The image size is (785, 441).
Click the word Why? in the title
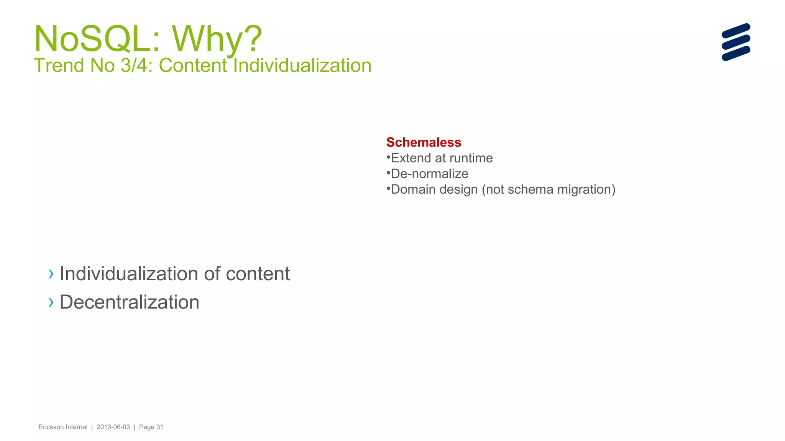pyautogui.click(x=217, y=39)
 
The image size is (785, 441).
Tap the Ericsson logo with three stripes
pyautogui.click(x=736, y=42)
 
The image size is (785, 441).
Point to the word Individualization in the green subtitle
pyautogui.click(x=302, y=65)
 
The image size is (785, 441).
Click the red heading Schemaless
pyautogui.click(x=424, y=142)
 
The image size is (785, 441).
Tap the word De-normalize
pyautogui.click(x=429, y=174)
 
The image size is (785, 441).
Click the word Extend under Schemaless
pyautogui.click(x=411, y=158)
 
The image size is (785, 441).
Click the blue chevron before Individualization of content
pyautogui.click(x=51, y=274)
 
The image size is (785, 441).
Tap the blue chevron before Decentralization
pyautogui.click(x=51, y=303)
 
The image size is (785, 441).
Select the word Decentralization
pyautogui.click(x=130, y=302)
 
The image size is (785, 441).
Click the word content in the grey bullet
pyautogui.click(x=258, y=274)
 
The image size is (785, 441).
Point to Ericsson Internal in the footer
pyautogui.click(x=63, y=427)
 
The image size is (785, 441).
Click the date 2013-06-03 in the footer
pyautogui.click(x=113, y=427)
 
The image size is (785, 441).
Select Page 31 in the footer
pyautogui.click(x=151, y=427)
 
